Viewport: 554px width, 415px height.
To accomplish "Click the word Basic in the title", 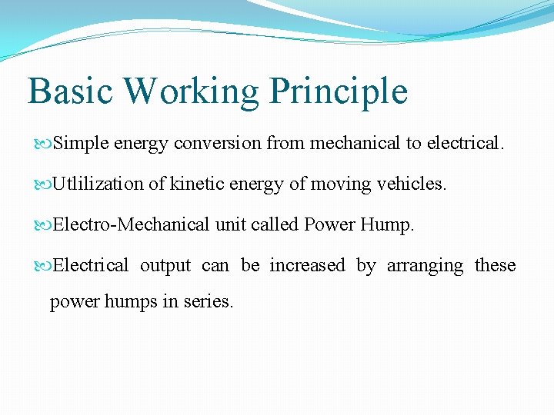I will click(x=69, y=91).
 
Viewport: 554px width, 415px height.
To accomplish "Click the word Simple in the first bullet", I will click(x=82, y=144).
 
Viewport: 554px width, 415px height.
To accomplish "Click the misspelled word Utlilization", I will click(x=98, y=184).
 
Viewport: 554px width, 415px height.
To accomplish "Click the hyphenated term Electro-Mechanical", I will click(x=132, y=225).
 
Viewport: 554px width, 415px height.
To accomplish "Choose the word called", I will click(x=277, y=225).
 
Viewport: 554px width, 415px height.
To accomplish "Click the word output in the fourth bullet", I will click(x=165, y=266).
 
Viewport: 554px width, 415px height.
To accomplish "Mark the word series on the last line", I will click(x=208, y=302).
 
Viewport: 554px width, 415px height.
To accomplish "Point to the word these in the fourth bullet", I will click(x=495, y=266).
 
